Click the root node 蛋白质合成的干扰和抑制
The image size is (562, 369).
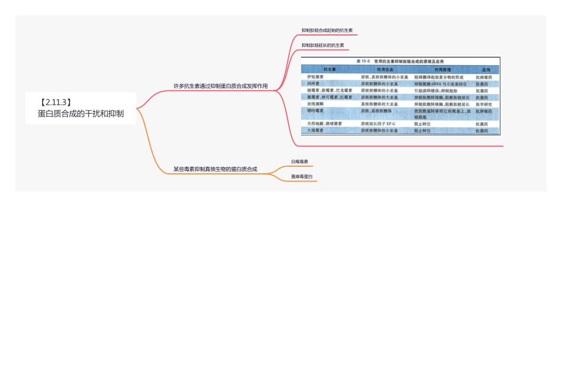click(80, 114)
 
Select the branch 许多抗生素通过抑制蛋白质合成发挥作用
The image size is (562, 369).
click(220, 86)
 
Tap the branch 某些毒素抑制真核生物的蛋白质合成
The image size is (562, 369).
click(215, 169)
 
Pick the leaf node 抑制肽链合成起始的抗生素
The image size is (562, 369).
click(327, 30)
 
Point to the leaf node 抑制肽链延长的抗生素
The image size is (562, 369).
click(322, 45)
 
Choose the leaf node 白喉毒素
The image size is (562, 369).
click(299, 161)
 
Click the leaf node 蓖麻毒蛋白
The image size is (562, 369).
click(302, 176)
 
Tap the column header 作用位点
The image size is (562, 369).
click(385, 69)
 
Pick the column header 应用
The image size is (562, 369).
click(486, 69)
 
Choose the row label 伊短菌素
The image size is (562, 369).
click(315, 77)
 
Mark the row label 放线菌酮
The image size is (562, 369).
click(315, 103)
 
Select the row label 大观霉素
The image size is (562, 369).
click(315, 130)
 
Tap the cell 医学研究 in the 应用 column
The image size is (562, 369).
click(484, 104)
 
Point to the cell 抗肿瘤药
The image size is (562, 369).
click(484, 111)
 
